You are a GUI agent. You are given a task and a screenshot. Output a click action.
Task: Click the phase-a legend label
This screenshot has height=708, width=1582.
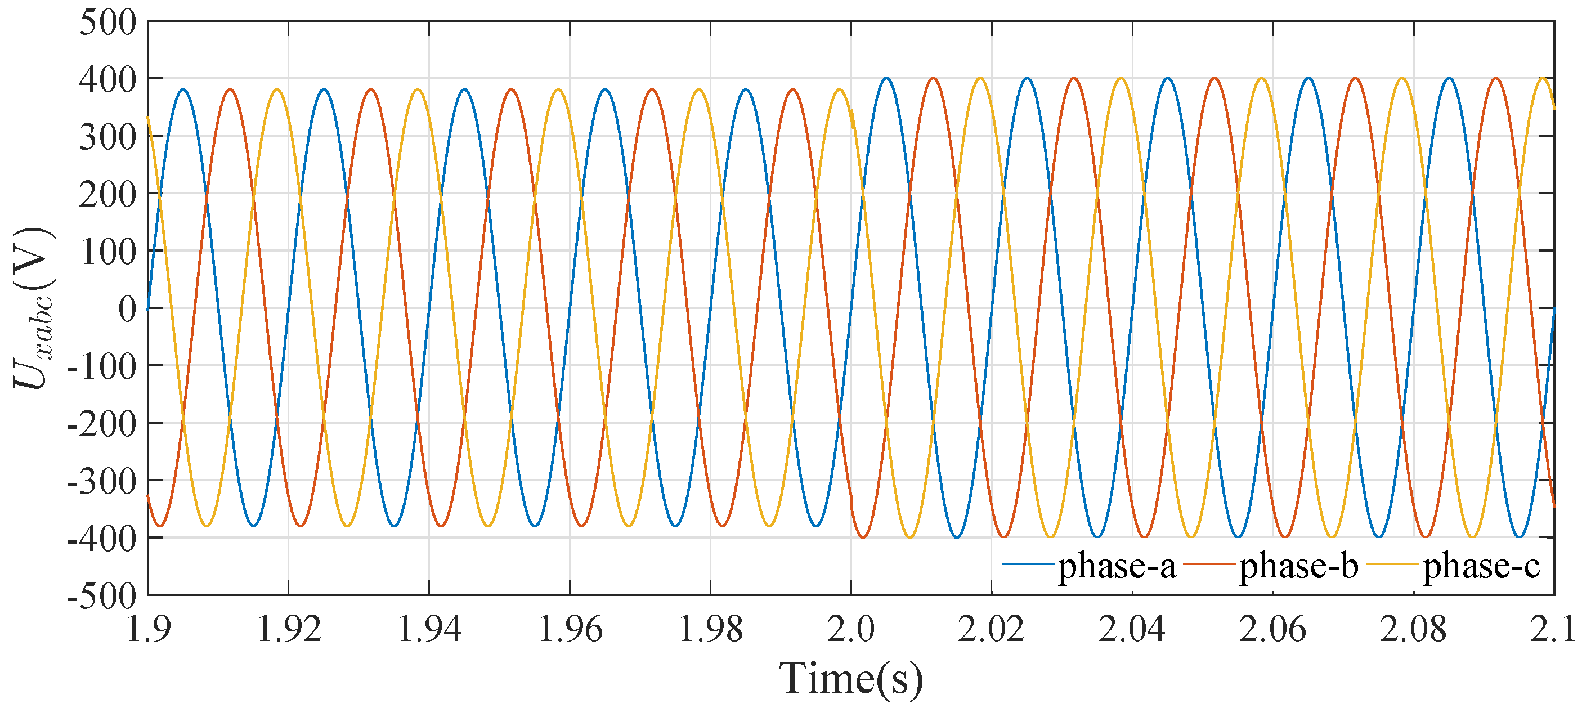pos(1117,566)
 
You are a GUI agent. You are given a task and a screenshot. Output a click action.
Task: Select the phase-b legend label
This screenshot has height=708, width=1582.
pos(1298,566)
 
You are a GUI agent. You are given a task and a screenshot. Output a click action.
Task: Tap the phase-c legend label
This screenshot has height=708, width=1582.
pos(1481,566)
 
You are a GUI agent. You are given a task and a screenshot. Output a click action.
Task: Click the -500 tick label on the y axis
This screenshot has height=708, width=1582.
pos(102,596)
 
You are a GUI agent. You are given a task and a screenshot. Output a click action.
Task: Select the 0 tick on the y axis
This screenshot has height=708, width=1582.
pos(127,309)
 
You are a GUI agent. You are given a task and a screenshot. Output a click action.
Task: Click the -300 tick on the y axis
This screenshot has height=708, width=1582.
pos(102,481)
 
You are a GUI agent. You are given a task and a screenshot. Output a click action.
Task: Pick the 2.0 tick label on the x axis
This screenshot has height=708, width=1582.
pos(851,629)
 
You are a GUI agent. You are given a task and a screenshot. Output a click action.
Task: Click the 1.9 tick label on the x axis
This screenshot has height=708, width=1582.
pos(148,629)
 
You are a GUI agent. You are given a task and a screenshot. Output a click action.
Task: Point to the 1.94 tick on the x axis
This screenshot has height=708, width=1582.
pos(429,629)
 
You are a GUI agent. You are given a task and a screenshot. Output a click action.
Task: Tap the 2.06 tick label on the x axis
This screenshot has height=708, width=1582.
pos(1272,629)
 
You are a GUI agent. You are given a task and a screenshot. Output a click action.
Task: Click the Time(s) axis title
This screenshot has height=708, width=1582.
pos(851,679)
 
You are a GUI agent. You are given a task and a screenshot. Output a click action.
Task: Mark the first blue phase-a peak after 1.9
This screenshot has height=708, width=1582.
pos(183,89)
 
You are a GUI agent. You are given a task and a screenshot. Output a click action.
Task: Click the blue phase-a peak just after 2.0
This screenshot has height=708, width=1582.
pos(886,78)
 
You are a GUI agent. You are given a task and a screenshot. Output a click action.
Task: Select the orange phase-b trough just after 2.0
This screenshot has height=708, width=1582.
pos(863,537)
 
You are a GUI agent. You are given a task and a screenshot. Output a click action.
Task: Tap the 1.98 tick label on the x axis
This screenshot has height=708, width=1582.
pos(711,629)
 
